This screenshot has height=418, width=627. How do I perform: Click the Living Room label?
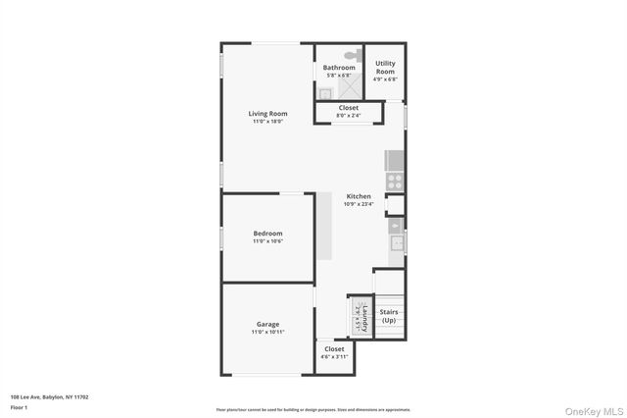[267, 114]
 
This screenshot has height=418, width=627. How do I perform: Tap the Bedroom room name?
[267, 233]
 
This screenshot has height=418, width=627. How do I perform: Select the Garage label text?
[267, 324]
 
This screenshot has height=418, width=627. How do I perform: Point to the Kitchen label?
[359, 196]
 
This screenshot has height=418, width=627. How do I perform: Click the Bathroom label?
[339, 67]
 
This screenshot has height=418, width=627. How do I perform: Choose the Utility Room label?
[385, 68]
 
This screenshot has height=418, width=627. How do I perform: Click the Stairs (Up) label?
[389, 316]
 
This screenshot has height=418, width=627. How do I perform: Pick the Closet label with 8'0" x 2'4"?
[349, 108]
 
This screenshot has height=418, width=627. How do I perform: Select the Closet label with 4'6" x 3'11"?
[334, 348]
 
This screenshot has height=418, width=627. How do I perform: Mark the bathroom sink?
[324, 93]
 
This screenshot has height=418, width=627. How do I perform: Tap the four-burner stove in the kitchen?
[394, 181]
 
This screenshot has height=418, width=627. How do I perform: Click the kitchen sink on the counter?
[397, 243]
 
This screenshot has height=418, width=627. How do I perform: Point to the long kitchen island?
[323, 226]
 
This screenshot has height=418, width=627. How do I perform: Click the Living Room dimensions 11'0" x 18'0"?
[267, 122]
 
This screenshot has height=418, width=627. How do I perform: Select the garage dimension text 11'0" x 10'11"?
[267, 332]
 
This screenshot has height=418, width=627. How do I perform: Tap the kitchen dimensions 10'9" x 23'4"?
[359, 204]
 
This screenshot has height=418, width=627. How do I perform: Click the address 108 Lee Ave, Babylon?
[49, 397]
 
